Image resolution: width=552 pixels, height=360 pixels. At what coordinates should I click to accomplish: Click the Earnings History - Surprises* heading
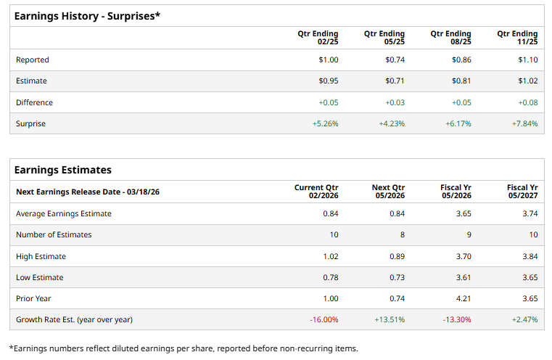point(87,15)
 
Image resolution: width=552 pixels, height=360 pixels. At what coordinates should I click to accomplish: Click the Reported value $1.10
point(528,60)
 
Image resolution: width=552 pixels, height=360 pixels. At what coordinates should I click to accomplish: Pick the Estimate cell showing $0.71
point(395,81)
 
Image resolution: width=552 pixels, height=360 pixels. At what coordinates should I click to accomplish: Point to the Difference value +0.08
point(528,102)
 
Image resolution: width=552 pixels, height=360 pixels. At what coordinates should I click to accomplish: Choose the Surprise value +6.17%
point(458,123)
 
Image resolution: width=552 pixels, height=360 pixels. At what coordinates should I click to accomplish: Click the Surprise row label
point(30,123)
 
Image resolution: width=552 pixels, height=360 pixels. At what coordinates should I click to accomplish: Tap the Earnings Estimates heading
point(63,170)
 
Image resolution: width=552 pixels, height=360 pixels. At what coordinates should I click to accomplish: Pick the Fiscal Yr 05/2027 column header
point(522,192)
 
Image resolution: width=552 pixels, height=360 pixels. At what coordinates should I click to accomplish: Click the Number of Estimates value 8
point(402,234)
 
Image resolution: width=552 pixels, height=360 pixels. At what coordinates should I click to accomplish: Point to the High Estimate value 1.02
point(330,255)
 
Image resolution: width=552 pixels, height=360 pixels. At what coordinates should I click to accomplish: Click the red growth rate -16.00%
point(324,319)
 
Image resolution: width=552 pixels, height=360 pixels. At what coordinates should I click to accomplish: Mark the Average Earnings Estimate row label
point(64,213)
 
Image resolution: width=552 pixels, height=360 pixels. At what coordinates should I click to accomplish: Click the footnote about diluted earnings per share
point(184,348)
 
